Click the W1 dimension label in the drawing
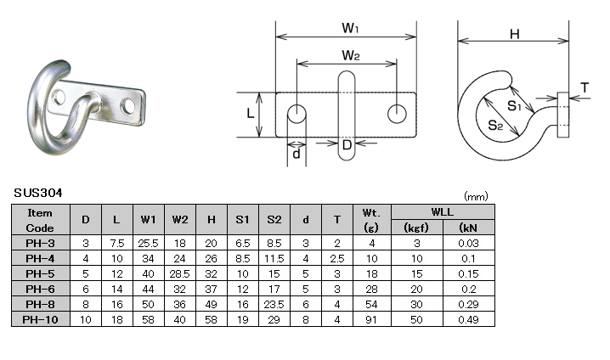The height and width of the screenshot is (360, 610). tap(350, 28)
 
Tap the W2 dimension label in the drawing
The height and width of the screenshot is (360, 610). tap(351, 55)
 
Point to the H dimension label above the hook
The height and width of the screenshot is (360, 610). tap(515, 34)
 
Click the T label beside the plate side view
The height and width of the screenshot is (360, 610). tap(585, 87)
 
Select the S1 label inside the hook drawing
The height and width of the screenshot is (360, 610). tap(514, 105)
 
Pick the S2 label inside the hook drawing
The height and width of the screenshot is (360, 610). tap(495, 125)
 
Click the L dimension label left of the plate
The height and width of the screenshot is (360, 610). tap(251, 113)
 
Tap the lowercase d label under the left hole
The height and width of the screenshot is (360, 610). tap(297, 154)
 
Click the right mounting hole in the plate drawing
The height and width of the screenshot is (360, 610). tap(398, 114)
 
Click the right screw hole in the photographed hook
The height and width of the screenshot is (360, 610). tap(128, 106)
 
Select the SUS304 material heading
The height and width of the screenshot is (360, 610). tap(38, 194)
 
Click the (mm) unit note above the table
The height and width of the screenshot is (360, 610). tap(476, 196)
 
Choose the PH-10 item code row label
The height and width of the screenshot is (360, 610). tap(40, 319)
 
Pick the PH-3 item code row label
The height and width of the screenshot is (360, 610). tap(40, 244)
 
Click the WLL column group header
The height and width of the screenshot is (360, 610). tap(443, 212)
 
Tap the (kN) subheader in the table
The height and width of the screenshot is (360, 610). tap(468, 228)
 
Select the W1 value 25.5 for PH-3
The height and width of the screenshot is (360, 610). tap(148, 244)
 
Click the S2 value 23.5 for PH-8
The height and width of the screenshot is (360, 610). tap(274, 305)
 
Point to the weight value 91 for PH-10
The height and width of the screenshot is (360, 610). tap(371, 319)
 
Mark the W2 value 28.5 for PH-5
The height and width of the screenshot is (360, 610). tap(180, 273)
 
